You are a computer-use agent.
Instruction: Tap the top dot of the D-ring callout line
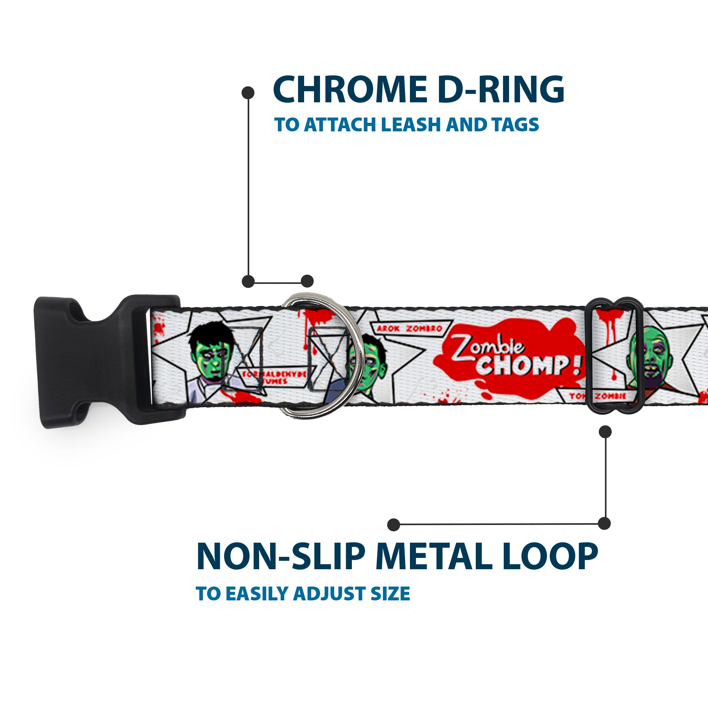(248, 92)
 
